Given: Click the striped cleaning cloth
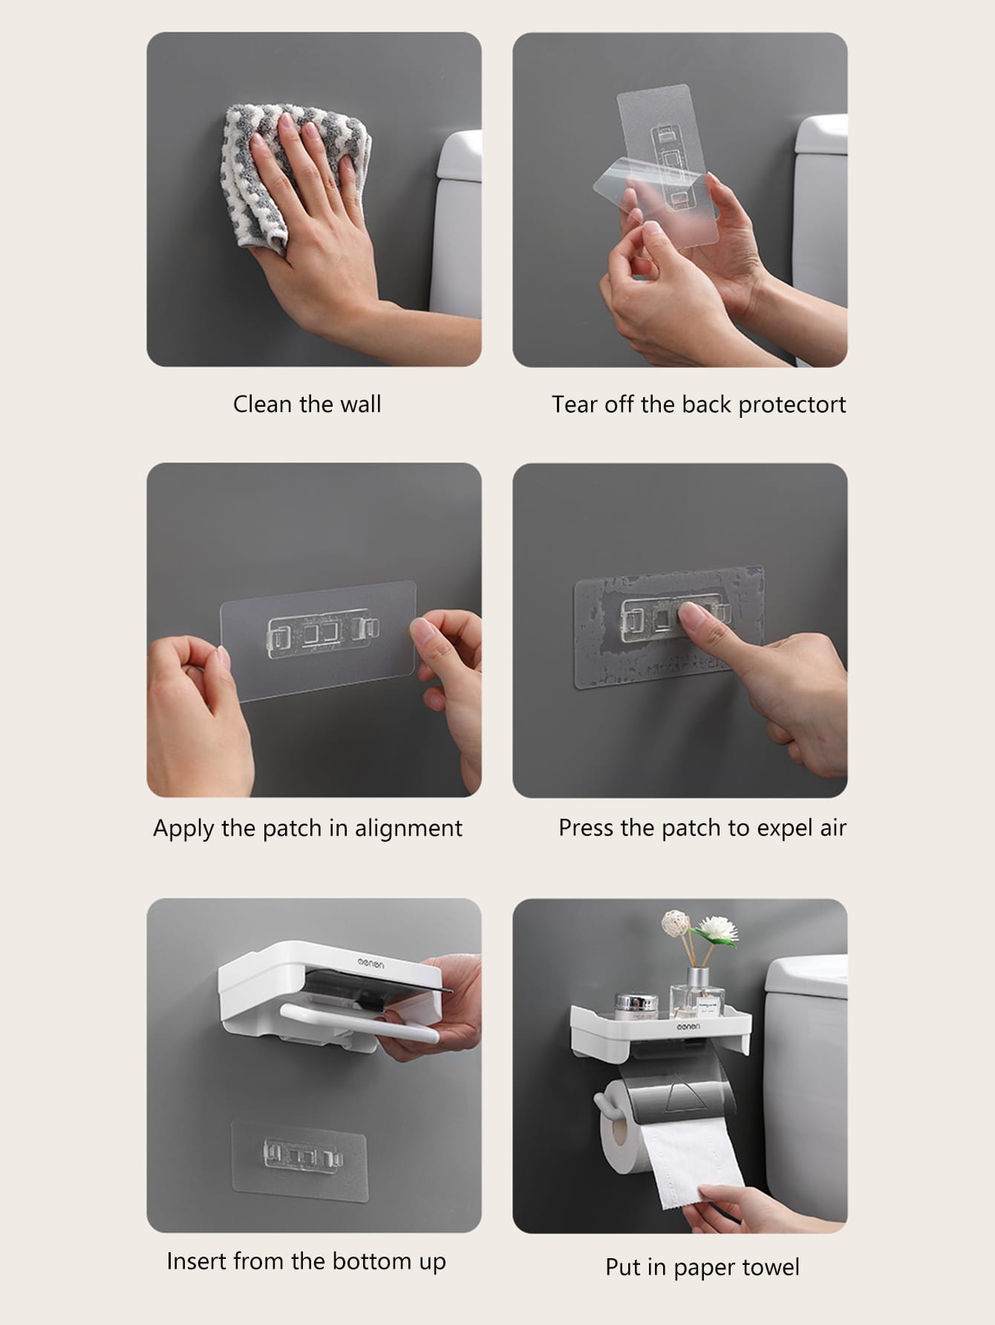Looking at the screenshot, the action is pos(297,171).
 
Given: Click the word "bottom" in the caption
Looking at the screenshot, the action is pos(361,1261).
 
